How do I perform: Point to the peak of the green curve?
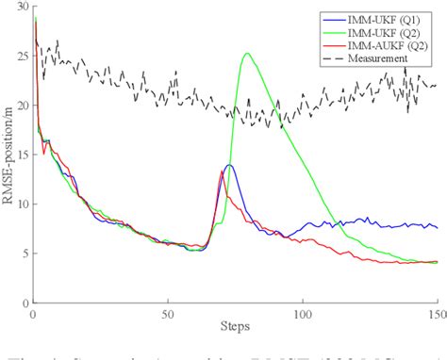pyautogui.click(x=247, y=54)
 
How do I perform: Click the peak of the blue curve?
pyautogui.click(x=228, y=165)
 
